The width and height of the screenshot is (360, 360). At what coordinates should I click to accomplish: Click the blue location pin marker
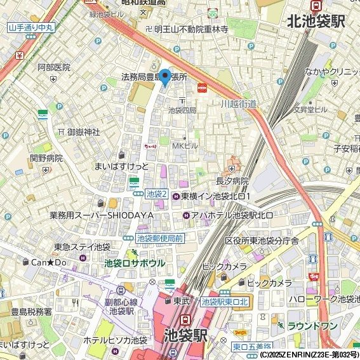coord(164,77)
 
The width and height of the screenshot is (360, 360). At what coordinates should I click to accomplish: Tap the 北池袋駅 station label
coord(316,22)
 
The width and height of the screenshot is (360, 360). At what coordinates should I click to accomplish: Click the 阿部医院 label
coord(53,67)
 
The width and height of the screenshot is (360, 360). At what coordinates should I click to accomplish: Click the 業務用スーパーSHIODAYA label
coord(102,216)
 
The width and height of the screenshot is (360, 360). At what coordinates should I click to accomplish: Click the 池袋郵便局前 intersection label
coord(160,238)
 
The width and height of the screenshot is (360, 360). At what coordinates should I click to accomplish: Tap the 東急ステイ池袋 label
coord(82,247)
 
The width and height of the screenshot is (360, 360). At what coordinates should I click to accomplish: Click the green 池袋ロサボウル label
coord(135,263)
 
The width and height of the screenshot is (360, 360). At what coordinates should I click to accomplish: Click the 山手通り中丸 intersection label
coord(30,27)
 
